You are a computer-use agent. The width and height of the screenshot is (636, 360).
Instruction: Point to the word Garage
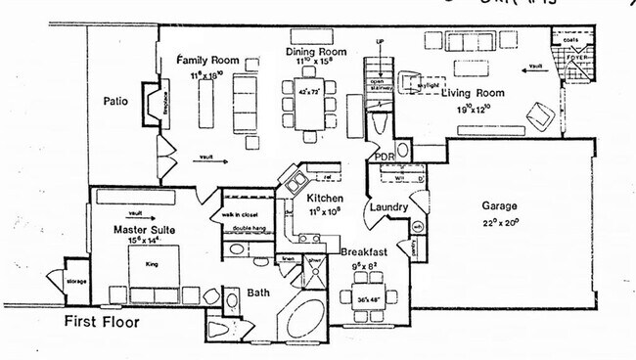[x=498, y=206]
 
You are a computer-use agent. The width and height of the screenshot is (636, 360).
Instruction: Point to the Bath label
[x=258, y=292]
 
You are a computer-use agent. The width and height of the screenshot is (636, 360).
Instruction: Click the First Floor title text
[x=102, y=322]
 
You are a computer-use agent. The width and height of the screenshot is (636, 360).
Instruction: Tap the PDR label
[x=384, y=157]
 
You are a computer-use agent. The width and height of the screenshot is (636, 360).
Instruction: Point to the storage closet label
[x=77, y=282]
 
